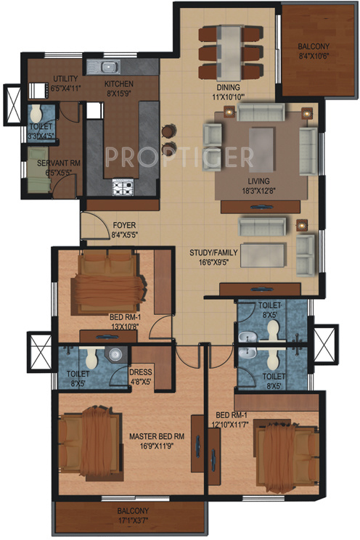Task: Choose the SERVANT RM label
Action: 58,164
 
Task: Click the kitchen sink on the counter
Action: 107,68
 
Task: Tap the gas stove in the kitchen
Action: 121,188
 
